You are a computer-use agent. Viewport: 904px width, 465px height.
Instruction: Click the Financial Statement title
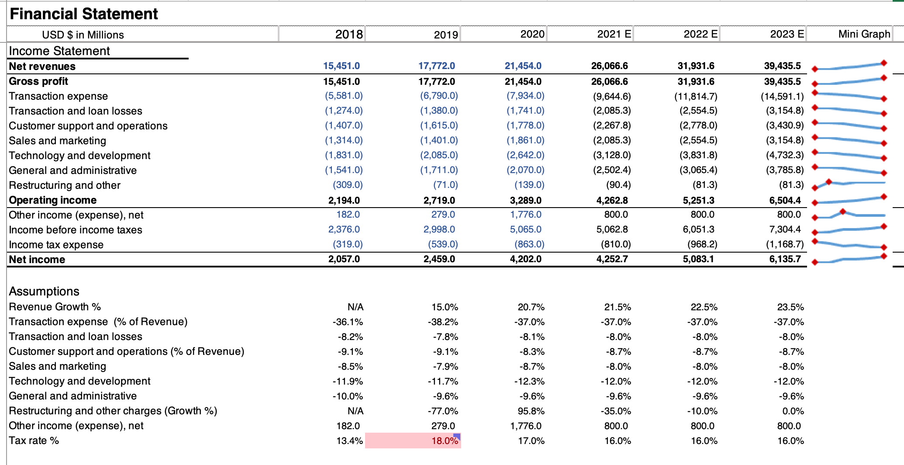[83, 14]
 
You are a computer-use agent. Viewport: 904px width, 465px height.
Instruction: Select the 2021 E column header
[614, 34]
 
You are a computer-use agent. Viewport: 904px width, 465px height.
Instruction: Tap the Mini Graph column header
[864, 34]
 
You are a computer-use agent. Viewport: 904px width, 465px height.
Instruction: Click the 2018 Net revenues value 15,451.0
[342, 66]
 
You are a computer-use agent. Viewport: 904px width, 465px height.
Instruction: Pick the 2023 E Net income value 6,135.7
[785, 259]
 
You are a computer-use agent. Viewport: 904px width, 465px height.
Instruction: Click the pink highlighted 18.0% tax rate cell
[413, 441]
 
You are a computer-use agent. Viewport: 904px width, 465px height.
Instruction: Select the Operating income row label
[53, 200]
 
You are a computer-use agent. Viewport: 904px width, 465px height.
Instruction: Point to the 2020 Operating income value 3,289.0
[526, 201]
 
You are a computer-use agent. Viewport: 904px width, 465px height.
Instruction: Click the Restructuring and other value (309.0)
[348, 185]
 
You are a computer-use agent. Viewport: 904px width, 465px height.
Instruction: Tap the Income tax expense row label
[56, 245]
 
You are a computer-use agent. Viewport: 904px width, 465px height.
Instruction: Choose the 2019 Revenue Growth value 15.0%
[445, 307]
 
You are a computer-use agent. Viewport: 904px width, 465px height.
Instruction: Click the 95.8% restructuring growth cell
[531, 411]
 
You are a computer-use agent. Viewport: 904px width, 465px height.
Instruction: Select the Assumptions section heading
[44, 291]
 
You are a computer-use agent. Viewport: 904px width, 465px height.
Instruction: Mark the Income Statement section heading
[59, 51]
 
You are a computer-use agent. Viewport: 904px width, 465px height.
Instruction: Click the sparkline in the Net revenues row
[849, 66]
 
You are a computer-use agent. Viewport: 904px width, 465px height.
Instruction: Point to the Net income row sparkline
[849, 259]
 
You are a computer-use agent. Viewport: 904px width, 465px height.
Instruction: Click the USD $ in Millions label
[83, 35]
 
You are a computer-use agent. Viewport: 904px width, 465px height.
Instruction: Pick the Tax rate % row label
[34, 441]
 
